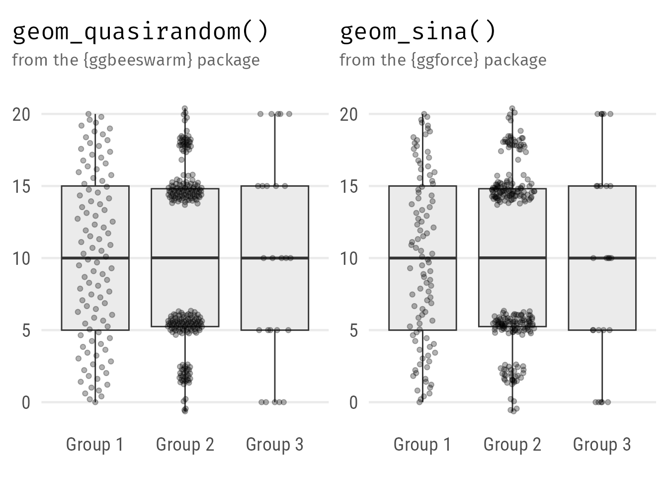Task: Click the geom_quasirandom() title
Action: [x=140, y=32]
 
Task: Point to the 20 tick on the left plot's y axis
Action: [x=21, y=114]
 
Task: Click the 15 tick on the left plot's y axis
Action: [x=21, y=186]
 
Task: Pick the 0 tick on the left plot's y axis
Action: [x=26, y=402]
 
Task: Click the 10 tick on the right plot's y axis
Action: [x=349, y=258]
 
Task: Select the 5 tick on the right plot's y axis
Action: [x=353, y=330]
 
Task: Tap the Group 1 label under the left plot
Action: [x=94, y=444]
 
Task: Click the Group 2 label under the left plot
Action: [x=185, y=444]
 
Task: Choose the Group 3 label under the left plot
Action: [x=274, y=444]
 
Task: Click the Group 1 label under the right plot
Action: [x=422, y=444]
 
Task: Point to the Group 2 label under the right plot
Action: [x=512, y=444]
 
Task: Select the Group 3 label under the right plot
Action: [x=601, y=444]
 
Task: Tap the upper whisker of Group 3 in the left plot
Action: [x=275, y=149]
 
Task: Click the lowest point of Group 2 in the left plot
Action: [x=185, y=410]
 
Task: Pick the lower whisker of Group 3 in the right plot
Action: [x=602, y=368]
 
